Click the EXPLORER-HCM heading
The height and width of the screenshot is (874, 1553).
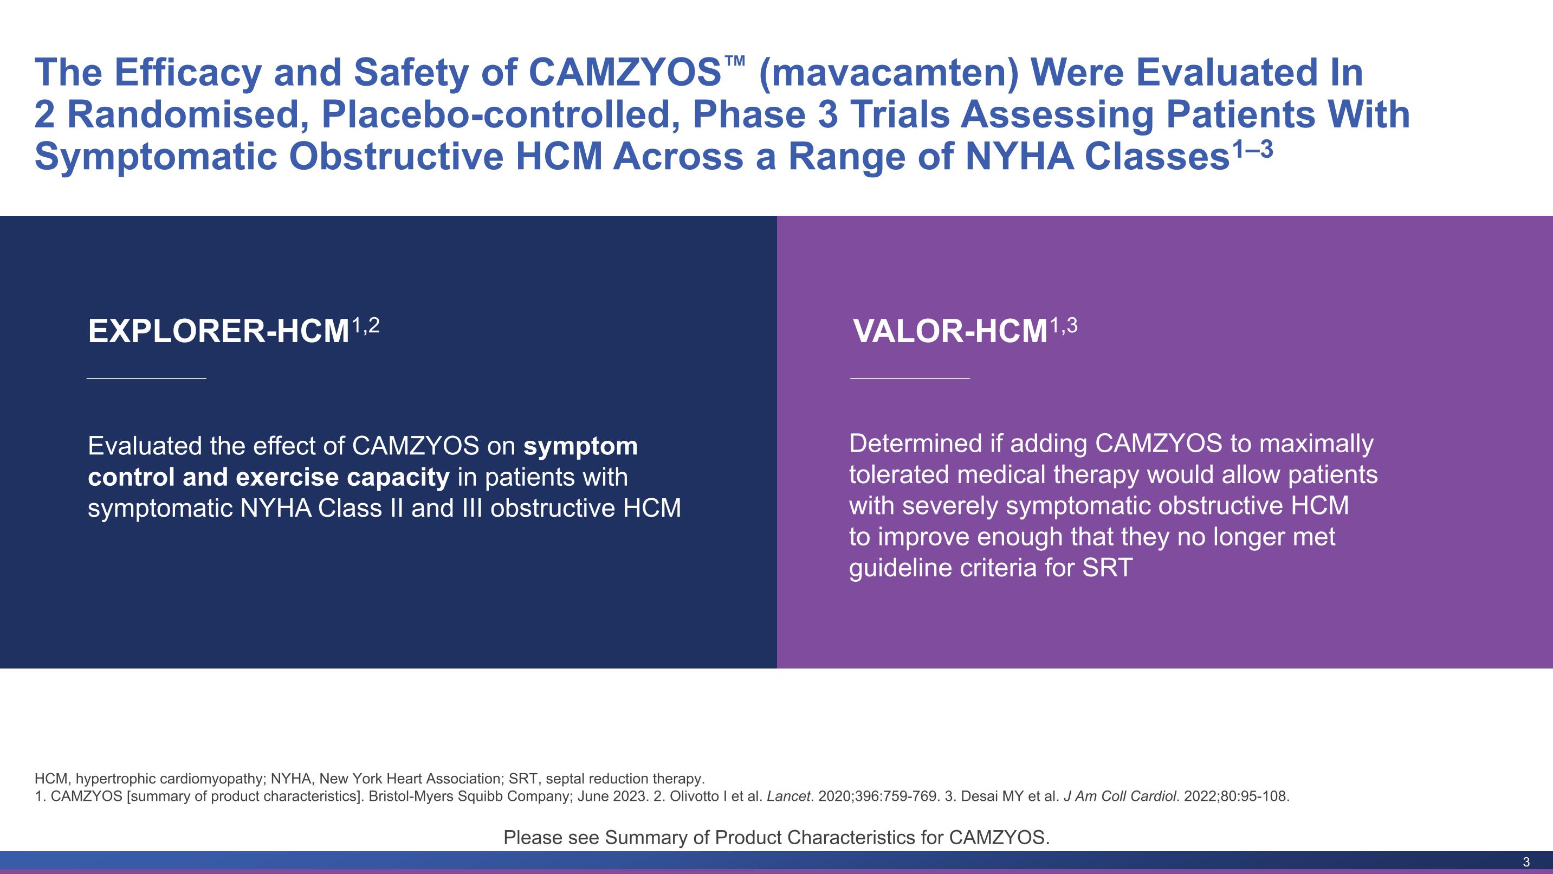pyautogui.click(x=219, y=331)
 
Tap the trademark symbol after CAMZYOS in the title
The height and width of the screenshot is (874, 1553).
pyautogui.click(x=735, y=61)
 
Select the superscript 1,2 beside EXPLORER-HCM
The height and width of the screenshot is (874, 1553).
pyautogui.click(x=365, y=326)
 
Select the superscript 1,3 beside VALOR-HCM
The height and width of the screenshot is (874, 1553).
pyautogui.click(x=1064, y=326)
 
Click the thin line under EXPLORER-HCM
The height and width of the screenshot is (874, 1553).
pyautogui.click(x=146, y=378)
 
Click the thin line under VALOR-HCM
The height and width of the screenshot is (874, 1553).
pyautogui.click(x=910, y=378)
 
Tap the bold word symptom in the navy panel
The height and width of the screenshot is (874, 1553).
pyautogui.click(x=580, y=446)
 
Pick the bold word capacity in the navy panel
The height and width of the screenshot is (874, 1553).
pyautogui.click(x=398, y=478)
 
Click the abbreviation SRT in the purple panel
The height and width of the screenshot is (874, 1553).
pyautogui.click(x=1108, y=568)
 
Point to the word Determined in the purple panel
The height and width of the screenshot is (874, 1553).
pyautogui.click(x=916, y=444)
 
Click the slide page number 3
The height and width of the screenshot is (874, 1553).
pyautogui.click(x=1526, y=862)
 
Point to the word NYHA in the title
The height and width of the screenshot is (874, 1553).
pyautogui.click(x=1019, y=157)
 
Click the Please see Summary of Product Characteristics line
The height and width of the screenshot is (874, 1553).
pyautogui.click(x=776, y=837)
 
